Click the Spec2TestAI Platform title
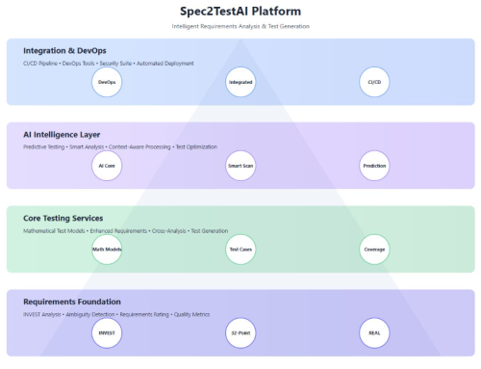pos(240,11)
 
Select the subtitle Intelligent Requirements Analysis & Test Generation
pos(240,26)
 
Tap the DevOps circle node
pos(107,83)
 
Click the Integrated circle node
pos(240,83)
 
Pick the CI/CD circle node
pos(374,83)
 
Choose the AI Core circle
pos(107,166)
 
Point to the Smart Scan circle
pos(240,166)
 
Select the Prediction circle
pos(374,166)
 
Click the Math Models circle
pos(107,250)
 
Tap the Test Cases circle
pos(240,250)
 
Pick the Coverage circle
pos(374,250)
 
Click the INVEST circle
pos(107,333)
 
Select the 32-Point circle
pos(240,333)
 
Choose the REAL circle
pos(374,333)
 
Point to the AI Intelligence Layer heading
pos(62,134)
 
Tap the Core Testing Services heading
pos(63,218)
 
